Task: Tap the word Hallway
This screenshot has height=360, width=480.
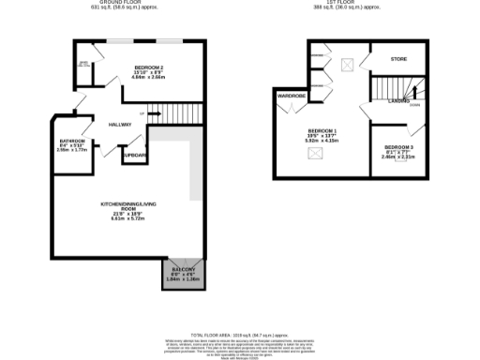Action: [119, 125]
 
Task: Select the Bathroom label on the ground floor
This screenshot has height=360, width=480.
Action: [72, 142]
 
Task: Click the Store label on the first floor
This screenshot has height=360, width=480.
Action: [398, 60]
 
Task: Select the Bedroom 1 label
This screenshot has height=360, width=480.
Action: [322, 129]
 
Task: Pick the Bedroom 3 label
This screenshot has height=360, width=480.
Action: [398, 149]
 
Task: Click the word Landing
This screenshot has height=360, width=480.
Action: [398, 100]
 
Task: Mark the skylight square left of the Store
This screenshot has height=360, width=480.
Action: [348, 65]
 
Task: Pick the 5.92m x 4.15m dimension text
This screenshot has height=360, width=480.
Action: [322, 141]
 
